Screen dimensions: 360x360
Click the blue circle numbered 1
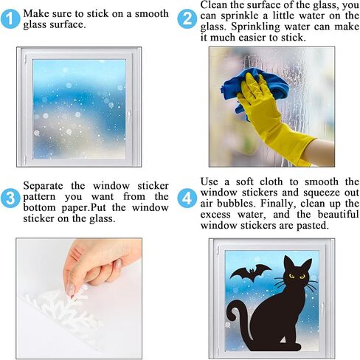[10, 19]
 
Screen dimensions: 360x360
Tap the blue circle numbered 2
[187, 19]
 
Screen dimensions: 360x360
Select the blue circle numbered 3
[10, 198]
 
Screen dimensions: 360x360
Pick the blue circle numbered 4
[187, 198]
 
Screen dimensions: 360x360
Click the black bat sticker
[252, 272]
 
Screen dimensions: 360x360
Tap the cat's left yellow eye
[291, 276]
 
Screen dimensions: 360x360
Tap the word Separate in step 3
[43, 186]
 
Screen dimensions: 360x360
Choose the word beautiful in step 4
[338, 214]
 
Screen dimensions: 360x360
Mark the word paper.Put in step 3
[83, 208]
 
